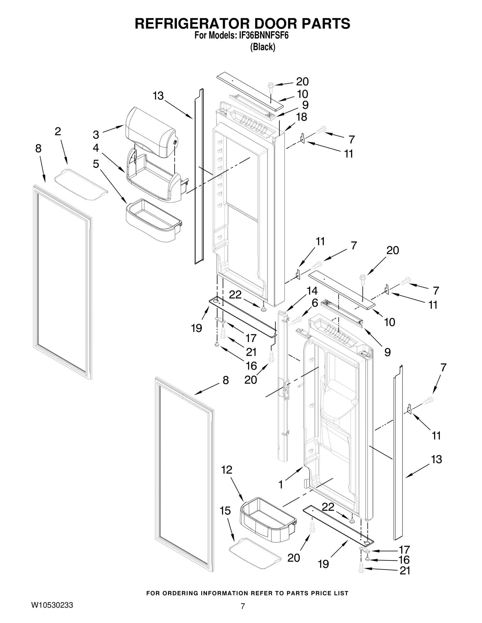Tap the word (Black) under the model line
click(262, 47)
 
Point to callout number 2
click(58, 131)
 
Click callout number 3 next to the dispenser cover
click(96, 135)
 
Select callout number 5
click(96, 164)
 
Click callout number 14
click(312, 291)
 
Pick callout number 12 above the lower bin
click(227, 470)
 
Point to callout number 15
click(225, 510)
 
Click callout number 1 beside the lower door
click(281, 485)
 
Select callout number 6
click(315, 303)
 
